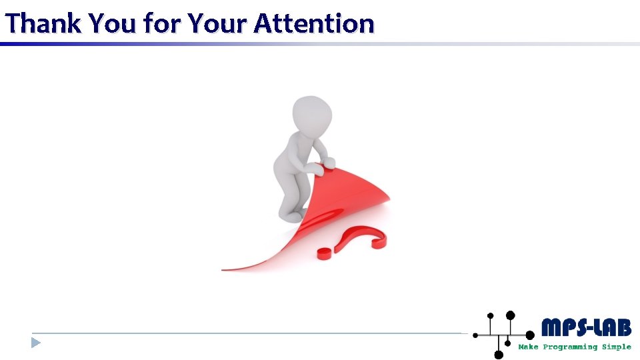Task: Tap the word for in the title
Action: (161, 23)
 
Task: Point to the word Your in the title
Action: (216, 23)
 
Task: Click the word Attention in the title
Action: (314, 23)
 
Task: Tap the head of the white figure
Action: (312, 114)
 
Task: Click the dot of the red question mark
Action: (325, 253)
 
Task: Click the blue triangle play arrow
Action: (35, 343)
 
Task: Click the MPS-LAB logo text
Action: (586, 327)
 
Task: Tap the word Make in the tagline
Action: (529, 347)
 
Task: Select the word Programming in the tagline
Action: (570, 347)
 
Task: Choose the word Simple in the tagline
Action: (617, 347)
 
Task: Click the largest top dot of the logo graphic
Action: (510, 315)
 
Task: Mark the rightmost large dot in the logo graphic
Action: (530, 335)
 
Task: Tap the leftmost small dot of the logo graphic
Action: (475, 335)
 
